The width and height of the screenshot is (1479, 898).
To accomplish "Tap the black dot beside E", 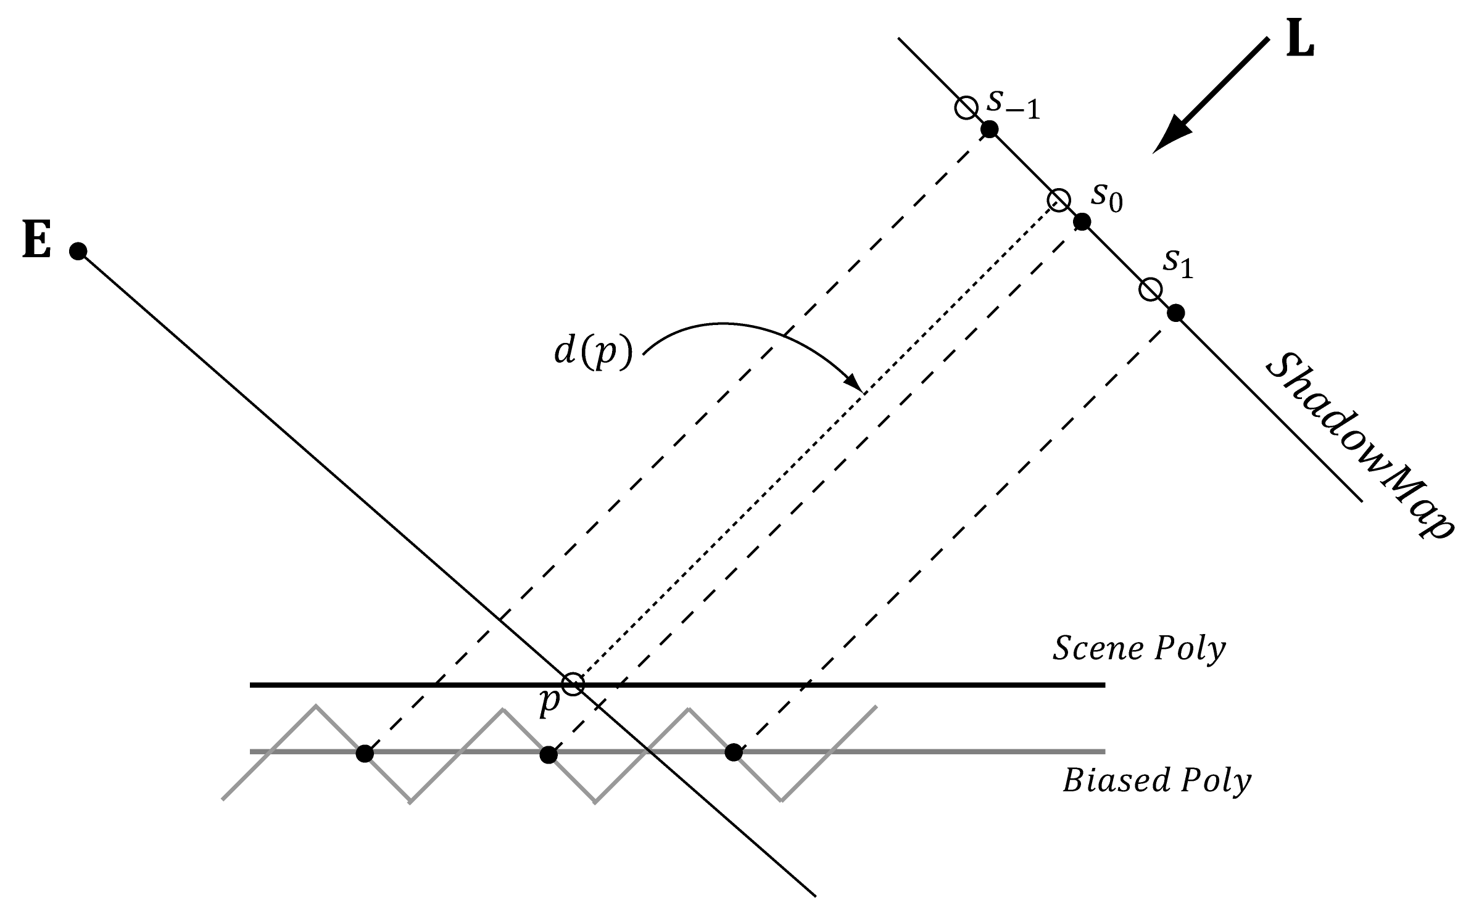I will click(78, 251).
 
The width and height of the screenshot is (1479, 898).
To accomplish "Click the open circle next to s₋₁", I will click(966, 108).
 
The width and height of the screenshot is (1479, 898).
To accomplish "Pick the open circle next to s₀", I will click(1059, 200).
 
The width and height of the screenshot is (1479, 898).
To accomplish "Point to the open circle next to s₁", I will click(1150, 289).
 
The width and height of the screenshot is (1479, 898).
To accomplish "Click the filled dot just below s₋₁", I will click(990, 130).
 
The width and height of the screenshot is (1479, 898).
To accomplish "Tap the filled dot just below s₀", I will click(1082, 222).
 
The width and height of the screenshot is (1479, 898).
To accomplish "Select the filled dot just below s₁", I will click(1176, 313).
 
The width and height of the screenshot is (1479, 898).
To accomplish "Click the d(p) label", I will click(593, 354).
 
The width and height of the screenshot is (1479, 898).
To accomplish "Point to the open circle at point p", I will click(573, 683).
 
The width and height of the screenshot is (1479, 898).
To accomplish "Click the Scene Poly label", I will click(1138, 649).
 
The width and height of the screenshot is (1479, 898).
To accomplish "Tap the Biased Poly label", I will click(1156, 781).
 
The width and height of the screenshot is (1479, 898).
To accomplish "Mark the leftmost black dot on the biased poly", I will click(365, 753).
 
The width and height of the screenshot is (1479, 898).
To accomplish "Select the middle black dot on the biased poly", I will click(548, 754).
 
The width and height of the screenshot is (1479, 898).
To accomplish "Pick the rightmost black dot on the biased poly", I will click(733, 752).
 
